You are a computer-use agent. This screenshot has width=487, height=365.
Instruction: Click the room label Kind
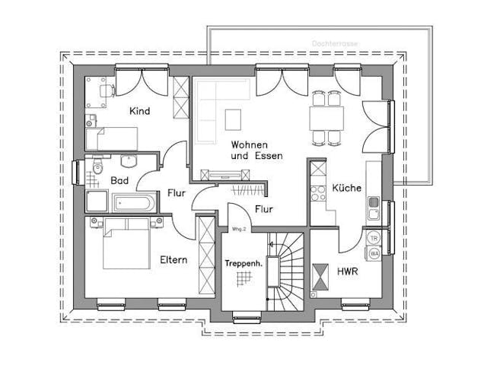[x=139, y=111]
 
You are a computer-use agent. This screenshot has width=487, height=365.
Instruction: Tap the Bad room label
[x=119, y=181]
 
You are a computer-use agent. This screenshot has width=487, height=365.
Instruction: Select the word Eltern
[x=173, y=260]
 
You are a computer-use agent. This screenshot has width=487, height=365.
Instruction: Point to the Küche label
[x=346, y=188]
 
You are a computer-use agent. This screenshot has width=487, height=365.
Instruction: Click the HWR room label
[x=347, y=271]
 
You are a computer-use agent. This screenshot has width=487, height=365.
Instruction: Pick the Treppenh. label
[x=243, y=263]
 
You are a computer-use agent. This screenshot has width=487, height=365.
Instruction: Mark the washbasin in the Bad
[x=128, y=160]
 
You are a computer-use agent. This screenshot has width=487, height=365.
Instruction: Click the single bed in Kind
[x=111, y=138]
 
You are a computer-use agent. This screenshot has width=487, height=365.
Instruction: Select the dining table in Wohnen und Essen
[x=327, y=118]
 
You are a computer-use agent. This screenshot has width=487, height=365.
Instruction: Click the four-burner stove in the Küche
[x=318, y=191]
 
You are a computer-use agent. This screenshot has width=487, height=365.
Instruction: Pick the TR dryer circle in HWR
[x=374, y=238]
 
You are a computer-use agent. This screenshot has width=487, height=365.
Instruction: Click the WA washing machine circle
[x=374, y=253]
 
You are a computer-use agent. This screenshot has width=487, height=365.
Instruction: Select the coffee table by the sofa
[x=232, y=119]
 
